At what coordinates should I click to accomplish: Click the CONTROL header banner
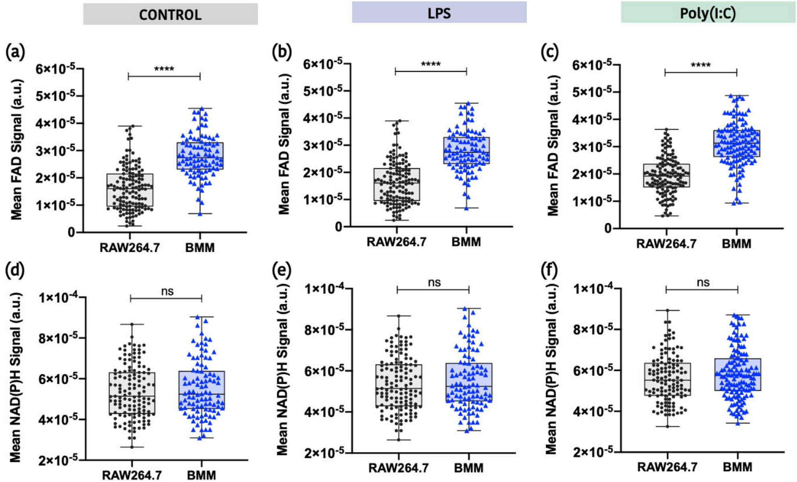tap(170, 14)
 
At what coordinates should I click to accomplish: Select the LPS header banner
tap(439, 13)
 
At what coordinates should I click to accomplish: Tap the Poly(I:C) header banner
tap(708, 13)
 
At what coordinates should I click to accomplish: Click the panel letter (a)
tap(15, 52)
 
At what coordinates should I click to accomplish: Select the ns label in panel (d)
tap(167, 291)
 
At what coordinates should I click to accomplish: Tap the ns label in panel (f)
tap(703, 282)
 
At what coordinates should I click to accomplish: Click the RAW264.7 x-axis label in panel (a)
tap(129, 247)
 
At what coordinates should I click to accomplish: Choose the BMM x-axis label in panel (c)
tap(736, 244)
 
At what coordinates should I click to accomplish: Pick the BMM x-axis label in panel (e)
tap(468, 468)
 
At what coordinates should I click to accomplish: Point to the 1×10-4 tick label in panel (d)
tap(58, 298)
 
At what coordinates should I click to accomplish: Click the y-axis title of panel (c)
tap(554, 146)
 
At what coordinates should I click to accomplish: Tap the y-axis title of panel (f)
tap(551, 368)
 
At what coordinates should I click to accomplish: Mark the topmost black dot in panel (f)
tap(667, 311)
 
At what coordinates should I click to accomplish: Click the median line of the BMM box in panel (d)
tap(201, 394)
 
